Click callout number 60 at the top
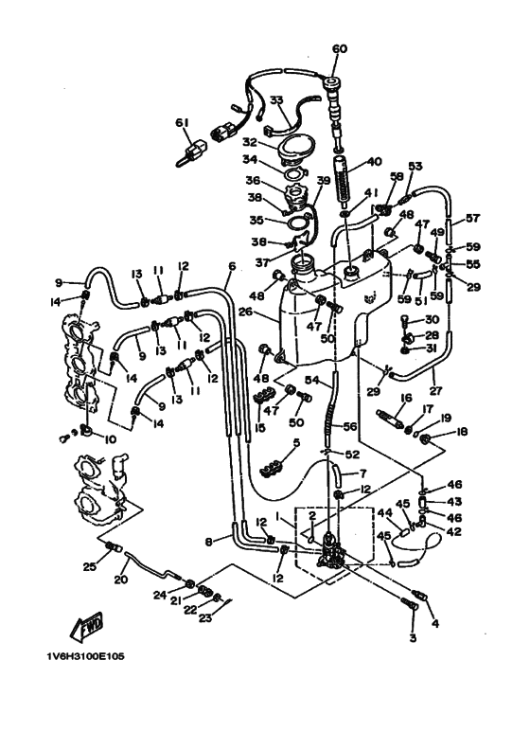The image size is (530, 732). [x=340, y=48]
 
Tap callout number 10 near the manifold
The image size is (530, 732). [x=84, y=439]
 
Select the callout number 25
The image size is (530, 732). [x=89, y=566]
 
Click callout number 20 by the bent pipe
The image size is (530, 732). [x=121, y=580]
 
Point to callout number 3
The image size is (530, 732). [x=412, y=637]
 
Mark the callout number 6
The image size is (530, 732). [x=230, y=267]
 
